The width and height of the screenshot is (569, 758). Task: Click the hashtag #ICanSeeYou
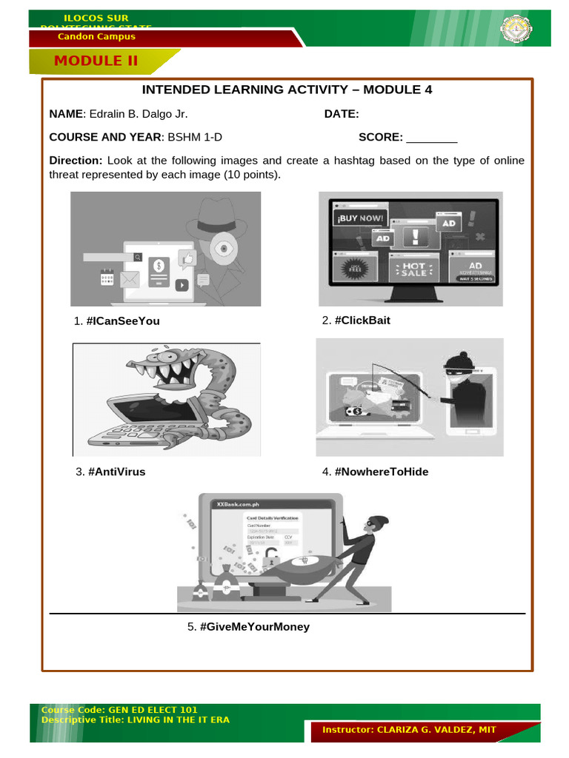(123, 321)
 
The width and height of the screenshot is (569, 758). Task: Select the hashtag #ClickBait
(362, 321)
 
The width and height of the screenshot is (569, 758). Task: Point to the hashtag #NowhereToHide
(382, 472)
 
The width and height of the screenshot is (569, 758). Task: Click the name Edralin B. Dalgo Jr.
(137, 114)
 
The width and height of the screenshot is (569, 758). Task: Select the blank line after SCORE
(432, 137)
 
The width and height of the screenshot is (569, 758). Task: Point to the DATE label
(342, 114)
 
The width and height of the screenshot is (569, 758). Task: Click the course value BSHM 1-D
(195, 137)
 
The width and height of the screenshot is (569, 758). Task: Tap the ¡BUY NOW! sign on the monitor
(362, 218)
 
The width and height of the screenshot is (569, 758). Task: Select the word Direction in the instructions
(76, 161)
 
